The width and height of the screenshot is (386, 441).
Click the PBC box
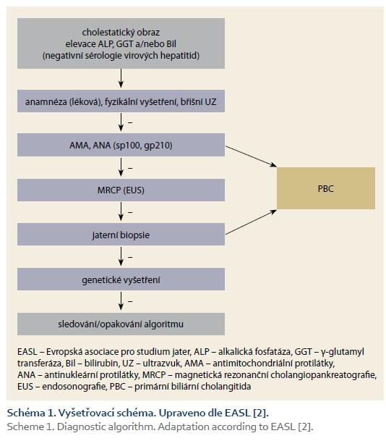(326, 188)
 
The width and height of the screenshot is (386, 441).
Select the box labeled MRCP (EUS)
(121, 190)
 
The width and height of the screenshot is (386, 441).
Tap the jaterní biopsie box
(121, 235)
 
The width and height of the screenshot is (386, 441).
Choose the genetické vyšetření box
(121, 279)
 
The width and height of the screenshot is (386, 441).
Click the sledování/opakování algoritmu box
(121, 324)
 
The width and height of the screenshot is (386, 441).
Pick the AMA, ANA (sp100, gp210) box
(121, 145)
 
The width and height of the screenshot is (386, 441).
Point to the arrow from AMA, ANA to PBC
(251, 156)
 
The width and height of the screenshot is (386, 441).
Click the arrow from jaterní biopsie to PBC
(251, 222)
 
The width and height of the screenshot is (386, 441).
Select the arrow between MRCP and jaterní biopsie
(121, 211)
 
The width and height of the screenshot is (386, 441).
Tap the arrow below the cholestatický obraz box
(121, 78)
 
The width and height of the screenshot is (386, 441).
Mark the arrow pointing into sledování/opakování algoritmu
(121, 301)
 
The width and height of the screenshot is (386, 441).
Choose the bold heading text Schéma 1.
(31, 413)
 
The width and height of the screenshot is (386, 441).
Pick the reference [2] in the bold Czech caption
(261, 413)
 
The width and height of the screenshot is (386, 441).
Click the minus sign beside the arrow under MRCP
(130, 212)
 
